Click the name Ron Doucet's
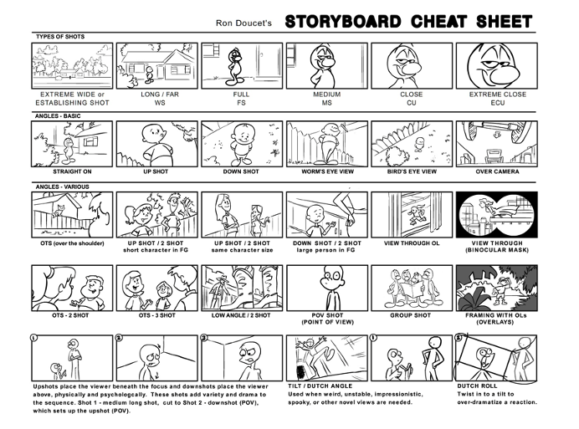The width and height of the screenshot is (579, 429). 246,23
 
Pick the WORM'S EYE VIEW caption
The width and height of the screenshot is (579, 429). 326,171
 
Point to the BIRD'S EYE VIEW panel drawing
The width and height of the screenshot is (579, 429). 412,143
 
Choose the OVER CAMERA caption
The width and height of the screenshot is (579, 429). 497,171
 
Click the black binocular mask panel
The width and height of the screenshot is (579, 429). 496,215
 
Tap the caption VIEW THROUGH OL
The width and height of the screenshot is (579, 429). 411,243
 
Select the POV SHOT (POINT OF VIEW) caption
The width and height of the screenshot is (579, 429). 326,319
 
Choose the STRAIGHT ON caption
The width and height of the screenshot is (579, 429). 71,171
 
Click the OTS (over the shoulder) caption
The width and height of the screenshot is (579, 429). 71,243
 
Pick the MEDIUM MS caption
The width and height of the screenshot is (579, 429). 326,99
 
